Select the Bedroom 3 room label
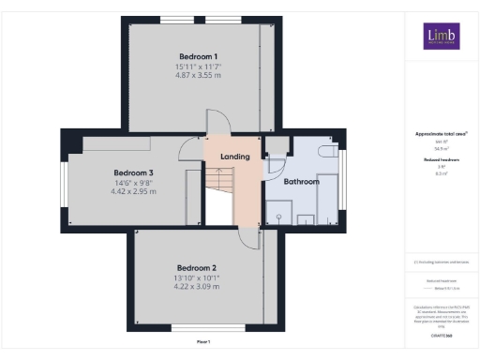click(133, 172)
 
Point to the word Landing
click(234, 157)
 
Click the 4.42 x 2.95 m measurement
click(133, 192)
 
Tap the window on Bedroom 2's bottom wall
click(197, 328)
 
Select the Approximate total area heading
click(437, 134)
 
